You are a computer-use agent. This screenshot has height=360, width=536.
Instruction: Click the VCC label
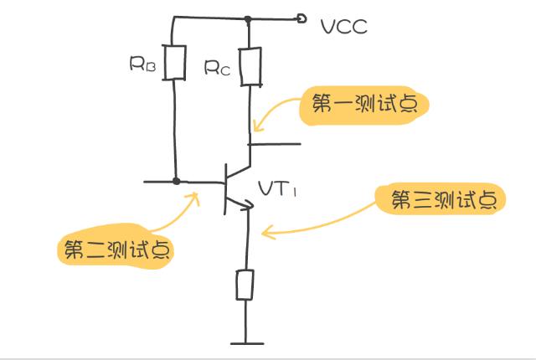tap(344, 27)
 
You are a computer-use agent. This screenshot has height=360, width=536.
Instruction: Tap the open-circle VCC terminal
tap(301, 18)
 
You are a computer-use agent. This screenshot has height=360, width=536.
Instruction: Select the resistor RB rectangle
tap(174, 63)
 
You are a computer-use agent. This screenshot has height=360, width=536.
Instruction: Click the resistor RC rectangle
tap(251, 66)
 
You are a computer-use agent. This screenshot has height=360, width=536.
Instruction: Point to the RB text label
tap(142, 64)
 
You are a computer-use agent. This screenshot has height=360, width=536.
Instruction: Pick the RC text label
tap(218, 68)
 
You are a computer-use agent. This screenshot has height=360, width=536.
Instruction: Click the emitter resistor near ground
tap(245, 285)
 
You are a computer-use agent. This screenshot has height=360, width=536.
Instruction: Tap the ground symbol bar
tap(247, 343)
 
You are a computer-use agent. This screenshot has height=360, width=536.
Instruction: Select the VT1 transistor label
tap(277, 189)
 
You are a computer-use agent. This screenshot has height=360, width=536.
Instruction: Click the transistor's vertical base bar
tap(225, 189)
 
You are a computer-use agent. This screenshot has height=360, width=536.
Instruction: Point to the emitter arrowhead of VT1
tap(248, 204)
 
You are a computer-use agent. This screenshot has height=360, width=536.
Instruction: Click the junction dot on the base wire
tap(176, 181)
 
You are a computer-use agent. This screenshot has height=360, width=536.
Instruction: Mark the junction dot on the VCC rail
tap(248, 19)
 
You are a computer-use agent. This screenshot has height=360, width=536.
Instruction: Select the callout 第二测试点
tap(116, 247)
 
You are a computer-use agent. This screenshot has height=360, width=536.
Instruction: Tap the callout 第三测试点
tap(441, 199)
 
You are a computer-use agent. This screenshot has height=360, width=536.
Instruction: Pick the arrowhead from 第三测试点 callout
tap(267, 232)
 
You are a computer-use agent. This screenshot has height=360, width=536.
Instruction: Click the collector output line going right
tap(275, 144)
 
